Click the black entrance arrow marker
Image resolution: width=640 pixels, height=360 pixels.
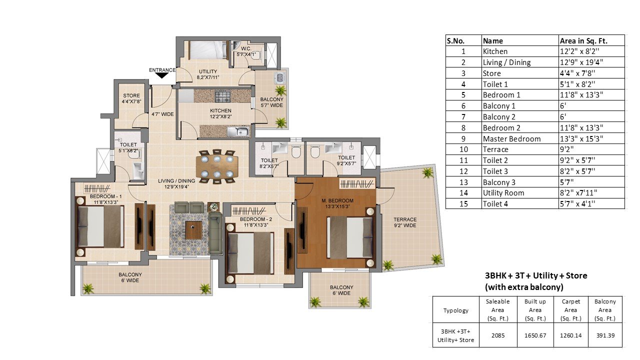[x=161, y=75]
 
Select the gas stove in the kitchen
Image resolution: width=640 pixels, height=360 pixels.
[x=222, y=96]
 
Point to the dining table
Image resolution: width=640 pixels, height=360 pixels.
[x=217, y=166]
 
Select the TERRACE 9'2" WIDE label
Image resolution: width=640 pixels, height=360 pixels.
[x=405, y=222]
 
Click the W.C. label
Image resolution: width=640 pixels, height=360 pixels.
[x=246, y=48]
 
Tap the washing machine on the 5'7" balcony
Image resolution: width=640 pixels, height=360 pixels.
[x=280, y=77]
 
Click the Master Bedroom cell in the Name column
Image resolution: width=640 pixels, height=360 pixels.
[x=511, y=139]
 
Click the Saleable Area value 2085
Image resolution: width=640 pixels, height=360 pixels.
[x=498, y=335]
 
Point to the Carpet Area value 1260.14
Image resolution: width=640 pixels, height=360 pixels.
[x=570, y=335]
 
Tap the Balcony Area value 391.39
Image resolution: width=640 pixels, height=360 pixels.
[x=605, y=335]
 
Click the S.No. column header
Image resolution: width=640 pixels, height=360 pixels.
[x=455, y=41]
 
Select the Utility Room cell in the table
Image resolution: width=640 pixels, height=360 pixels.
[x=503, y=193]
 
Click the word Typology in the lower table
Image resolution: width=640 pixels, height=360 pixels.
[x=455, y=310]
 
